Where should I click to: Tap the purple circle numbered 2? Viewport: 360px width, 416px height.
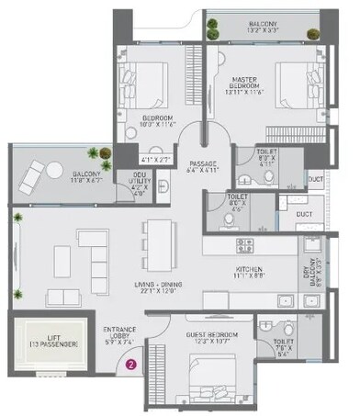pyautogui.click(x=130, y=364)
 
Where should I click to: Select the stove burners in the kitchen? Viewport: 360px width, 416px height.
pyautogui.click(x=243, y=245)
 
